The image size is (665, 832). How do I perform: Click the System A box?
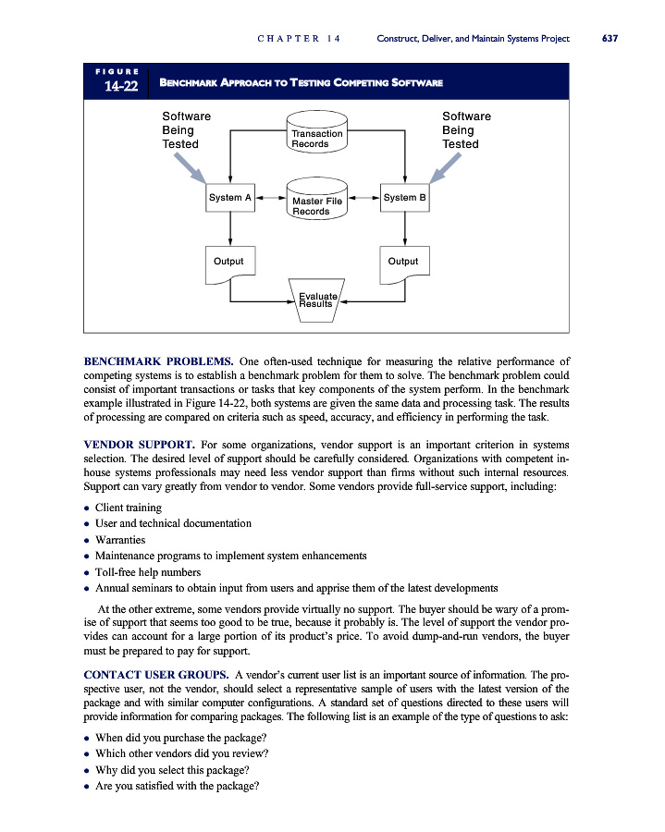(x=229, y=198)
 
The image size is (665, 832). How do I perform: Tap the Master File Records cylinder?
(x=316, y=202)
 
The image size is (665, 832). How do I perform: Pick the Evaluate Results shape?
(x=316, y=299)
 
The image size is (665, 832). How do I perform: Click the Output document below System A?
(x=229, y=263)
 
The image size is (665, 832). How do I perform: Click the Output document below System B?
(x=404, y=263)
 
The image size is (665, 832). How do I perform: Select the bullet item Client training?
(x=128, y=508)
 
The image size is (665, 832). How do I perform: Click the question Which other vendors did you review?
(x=181, y=752)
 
